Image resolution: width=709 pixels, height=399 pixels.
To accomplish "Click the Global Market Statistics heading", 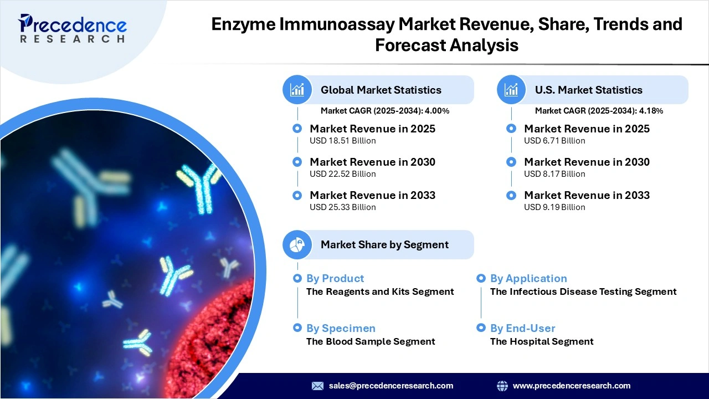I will click(381, 90).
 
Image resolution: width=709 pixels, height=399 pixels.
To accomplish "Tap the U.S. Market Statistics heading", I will click(588, 90).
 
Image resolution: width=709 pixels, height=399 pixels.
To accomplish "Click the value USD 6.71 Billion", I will click(554, 141).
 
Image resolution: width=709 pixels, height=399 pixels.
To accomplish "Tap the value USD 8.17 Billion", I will click(554, 174).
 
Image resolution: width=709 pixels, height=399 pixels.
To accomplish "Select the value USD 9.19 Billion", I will click(554, 207).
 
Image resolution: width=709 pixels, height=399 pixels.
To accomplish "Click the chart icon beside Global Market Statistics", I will click(297, 90).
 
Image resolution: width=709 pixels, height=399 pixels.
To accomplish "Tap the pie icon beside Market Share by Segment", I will click(297, 244).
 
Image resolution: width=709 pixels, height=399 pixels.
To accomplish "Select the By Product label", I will click(335, 278).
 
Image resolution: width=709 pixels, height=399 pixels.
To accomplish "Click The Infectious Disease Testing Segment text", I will click(583, 291).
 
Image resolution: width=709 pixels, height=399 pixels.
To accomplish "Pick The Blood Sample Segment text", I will click(371, 341).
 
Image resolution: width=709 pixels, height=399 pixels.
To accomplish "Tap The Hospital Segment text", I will click(542, 341).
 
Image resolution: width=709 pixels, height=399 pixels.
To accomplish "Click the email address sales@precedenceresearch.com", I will click(391, 386).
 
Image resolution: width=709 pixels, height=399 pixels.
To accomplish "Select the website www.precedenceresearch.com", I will click(572, 386).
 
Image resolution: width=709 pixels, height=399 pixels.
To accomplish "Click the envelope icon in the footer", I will click(317, 386).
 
